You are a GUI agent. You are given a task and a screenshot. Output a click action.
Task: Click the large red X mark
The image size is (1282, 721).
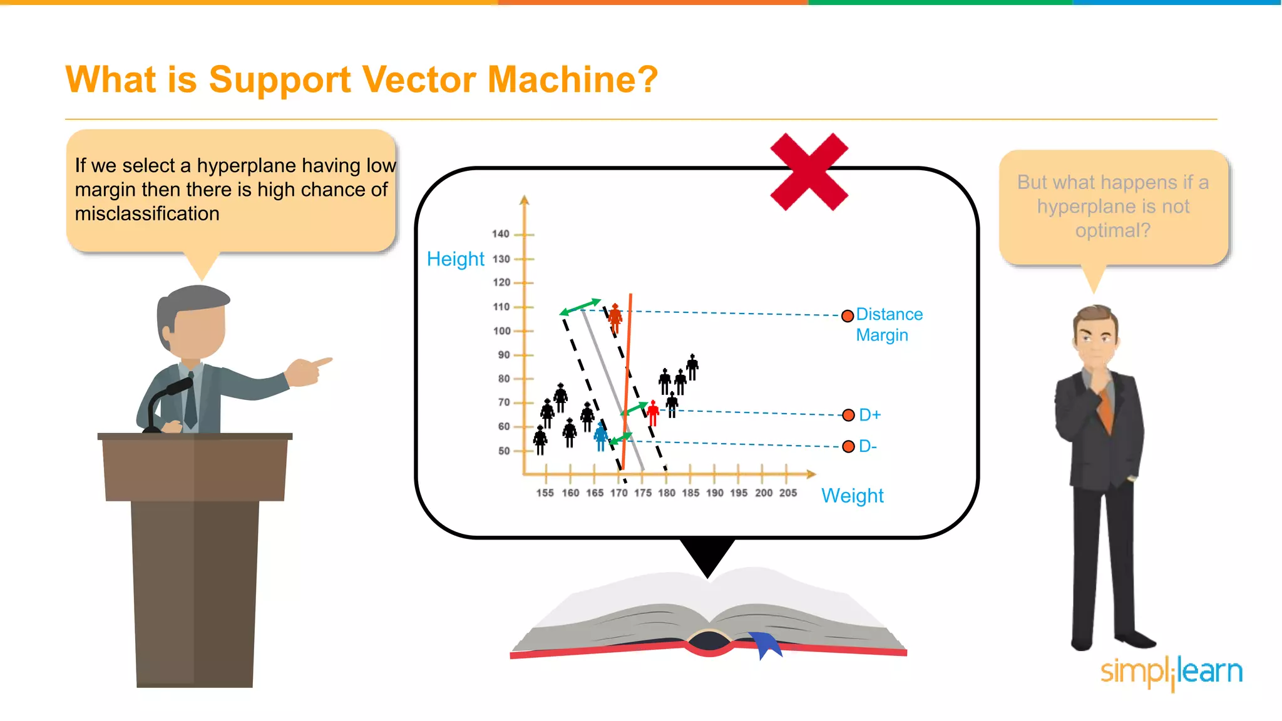(809, 171)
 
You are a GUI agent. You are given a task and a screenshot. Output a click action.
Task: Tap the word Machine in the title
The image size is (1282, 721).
(572, 80)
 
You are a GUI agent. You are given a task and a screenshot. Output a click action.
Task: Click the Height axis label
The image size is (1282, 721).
(455, 259)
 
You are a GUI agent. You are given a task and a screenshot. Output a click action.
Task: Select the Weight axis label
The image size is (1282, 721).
(852, 496)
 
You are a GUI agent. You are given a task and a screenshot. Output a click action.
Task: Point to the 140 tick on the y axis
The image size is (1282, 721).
(501, 234)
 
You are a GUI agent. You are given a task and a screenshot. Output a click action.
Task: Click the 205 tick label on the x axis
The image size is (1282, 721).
(787, 493)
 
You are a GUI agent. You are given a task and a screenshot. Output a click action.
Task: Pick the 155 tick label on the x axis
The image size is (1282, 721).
(545, 493)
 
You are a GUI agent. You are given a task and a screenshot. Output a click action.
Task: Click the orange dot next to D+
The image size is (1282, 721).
(848, 415)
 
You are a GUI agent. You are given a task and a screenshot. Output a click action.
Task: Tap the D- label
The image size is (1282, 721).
(868, 446)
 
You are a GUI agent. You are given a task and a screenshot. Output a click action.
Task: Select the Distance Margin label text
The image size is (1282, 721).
(888, 324)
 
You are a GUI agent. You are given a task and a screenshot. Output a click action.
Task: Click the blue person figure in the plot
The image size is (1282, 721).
(601, 436)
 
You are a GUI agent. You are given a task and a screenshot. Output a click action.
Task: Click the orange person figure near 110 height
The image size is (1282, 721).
(615, 318)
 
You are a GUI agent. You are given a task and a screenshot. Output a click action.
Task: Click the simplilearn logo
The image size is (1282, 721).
(1171, 672)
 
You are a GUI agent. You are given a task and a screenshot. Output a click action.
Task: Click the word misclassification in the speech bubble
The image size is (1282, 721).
(147, 214)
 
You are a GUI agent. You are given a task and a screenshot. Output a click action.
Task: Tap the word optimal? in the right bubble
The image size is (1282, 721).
(1112, 230)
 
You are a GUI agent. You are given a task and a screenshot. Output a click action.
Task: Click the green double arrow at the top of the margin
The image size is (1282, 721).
(580, 307)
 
